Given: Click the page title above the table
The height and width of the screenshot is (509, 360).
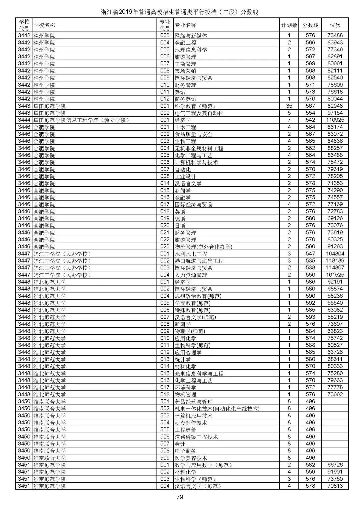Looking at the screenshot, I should coord(180,12).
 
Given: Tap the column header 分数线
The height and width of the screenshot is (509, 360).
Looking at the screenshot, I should coord(310,25).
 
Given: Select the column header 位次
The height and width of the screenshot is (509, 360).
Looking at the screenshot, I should coord(335,25).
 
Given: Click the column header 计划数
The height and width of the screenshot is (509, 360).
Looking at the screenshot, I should coord(289,25).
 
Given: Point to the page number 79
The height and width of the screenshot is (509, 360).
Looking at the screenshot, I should coord(180,497).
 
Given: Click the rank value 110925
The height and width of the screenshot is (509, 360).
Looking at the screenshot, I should coord(335,120).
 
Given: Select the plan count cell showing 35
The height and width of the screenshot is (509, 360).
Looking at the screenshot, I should coord(289,106).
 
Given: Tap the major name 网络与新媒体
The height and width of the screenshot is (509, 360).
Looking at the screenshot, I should coord(191,35).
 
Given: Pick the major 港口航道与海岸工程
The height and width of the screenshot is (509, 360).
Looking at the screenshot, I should coord(199,261).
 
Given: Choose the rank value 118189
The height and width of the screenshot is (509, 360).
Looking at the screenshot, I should coord(335,261).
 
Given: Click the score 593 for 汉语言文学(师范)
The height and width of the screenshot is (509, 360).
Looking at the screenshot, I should coord(310,317).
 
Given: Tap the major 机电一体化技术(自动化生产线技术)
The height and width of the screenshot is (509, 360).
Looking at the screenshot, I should coord(217,409).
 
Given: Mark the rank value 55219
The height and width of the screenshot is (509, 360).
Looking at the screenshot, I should coord(335,317).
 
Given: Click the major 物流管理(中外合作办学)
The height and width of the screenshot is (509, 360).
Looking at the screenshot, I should coord(203,247).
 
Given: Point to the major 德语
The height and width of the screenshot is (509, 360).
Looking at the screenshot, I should coord(180,219).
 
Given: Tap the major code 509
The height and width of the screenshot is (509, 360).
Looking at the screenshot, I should coord(165,458).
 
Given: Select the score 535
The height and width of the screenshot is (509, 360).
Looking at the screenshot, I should coord(310,261).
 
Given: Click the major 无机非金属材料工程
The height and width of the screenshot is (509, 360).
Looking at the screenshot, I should coord(199,148).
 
